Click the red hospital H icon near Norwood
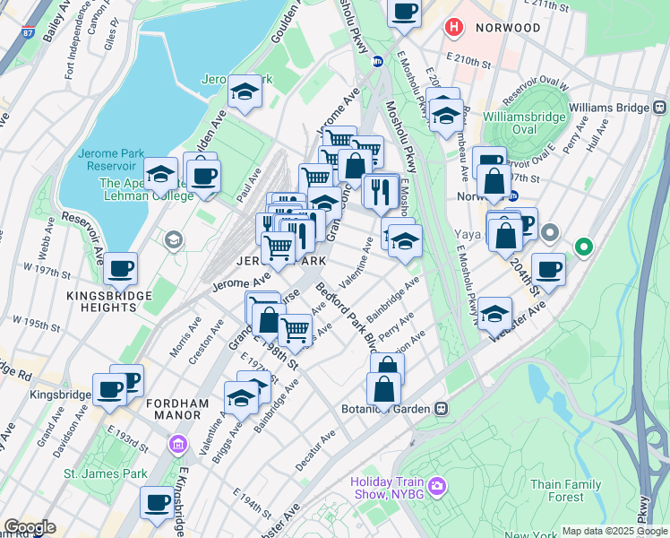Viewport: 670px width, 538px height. [454, 28]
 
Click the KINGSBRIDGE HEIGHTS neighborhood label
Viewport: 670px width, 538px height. [101, 300]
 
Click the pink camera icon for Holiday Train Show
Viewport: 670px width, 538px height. [436, 486]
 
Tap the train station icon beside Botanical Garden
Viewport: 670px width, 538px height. [441, 408]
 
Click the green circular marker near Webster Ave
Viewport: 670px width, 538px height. [584, 245]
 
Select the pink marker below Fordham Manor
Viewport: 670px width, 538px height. [177, 444]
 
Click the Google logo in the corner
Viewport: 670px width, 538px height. [30, 527]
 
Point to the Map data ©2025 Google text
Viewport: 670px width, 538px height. [614, 531]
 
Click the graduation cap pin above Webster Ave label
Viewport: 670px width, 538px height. [494, 312]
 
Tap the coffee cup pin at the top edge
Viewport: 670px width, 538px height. [404, 11]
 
